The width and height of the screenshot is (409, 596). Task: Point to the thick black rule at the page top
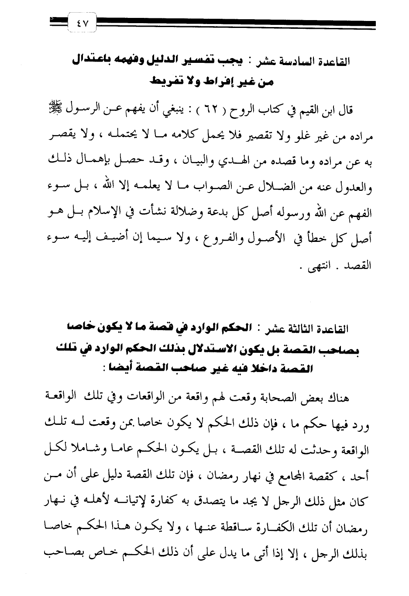(236, 23)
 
